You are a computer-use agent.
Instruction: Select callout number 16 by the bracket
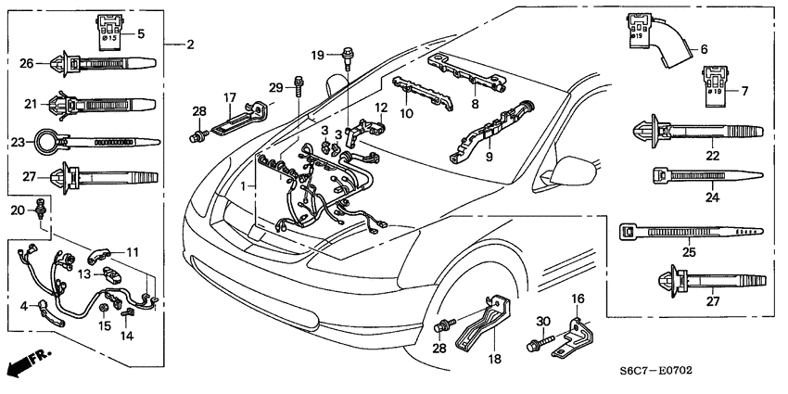tap(578, 299)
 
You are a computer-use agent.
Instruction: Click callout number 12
tap(381, 108)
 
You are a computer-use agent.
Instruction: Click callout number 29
tap(275, 87)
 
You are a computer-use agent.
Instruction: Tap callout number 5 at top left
tap(141, 34)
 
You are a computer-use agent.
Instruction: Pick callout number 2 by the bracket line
tap(189, 44)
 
